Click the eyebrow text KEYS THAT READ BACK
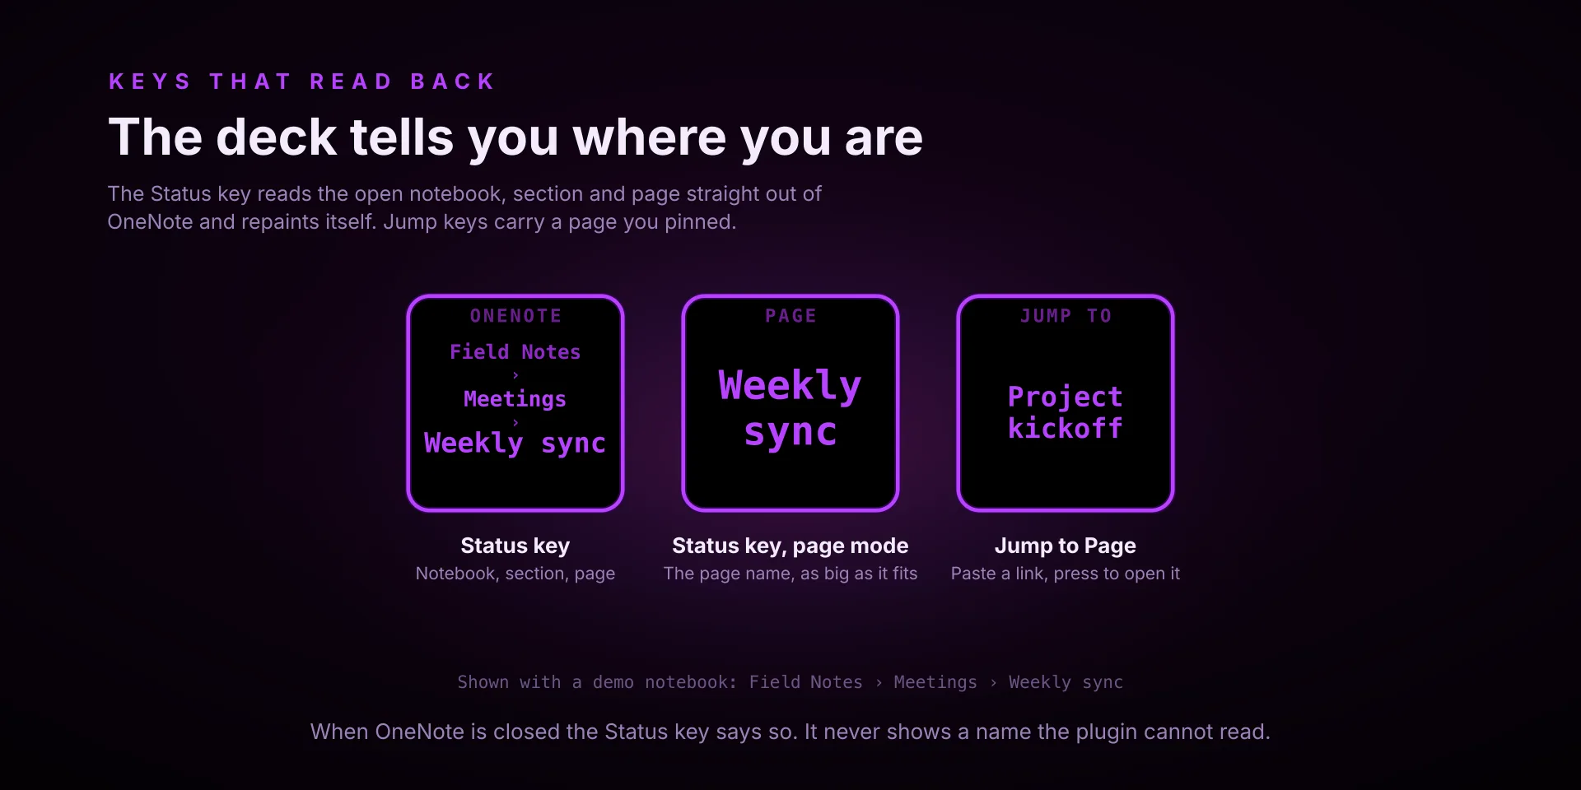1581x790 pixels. pyautogui.click(x=301, y=81)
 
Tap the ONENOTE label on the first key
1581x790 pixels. pyautogui.click(x=515, y=316)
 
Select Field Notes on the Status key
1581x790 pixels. pyautogui.click(x=515, y=352)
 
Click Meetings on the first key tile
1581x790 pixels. pyautogui.click(x=515, y=399)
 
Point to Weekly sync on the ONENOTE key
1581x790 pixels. pyautogui.click(x=515, y=444)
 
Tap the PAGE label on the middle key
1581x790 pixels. pyautogui.click(x=790, y=316)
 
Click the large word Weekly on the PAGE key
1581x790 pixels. pyautogui.click(x=790, y=386)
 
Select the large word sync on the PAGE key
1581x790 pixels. pyautogui.click(x=790, y=433)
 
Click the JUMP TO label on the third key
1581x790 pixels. pyautogui.click(x=1066, y=316)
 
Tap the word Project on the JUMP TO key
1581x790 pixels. pyautogui.click(x=1066, y=397)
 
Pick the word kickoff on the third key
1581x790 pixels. pyautogui.click(x=1066, y=428)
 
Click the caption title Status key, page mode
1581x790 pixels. pyautogui.click(x=790, y=546)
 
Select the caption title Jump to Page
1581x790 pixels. pyautogui.click(x=1066, y=546)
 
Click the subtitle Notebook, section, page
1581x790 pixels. pyautogui.click(x=515, y=574)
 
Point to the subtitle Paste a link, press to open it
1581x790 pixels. pyautogui.click(x=1066, y=574)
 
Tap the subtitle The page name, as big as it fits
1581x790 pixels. pyautogui.click(x=790, y=574)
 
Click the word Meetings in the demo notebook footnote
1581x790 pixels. pyautogui.click(x=935, y=682)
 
